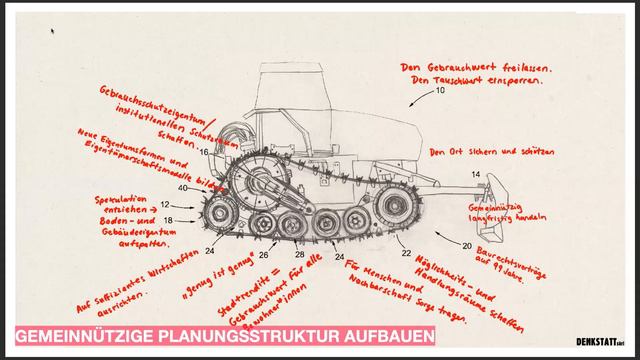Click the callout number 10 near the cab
coord(436,91)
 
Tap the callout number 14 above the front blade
coord(475,175)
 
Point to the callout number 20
coord(467,244)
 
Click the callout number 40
coord(183,188)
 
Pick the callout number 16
coord(204,152)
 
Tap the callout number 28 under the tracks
coord(299,255)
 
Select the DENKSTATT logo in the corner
coord(600,341)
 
